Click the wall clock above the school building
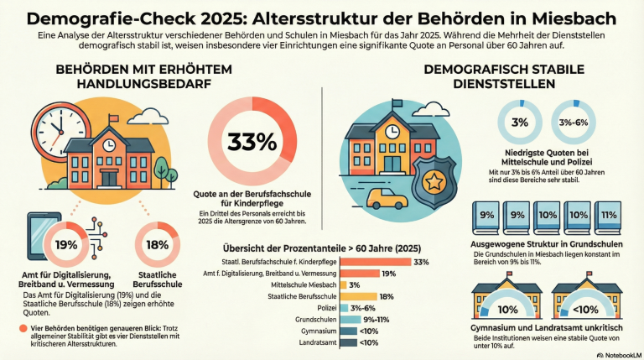click(x=56, y=131)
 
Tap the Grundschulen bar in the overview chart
click(x=351, y=320)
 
